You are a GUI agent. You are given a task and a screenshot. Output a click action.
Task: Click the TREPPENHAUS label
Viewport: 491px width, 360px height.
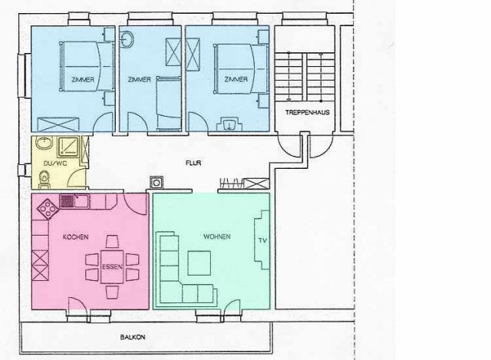pos(307,113)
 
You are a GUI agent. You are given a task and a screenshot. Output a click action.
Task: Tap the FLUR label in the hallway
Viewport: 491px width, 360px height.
pos(193,163)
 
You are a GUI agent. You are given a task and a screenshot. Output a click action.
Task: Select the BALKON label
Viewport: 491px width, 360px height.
pos(133,337)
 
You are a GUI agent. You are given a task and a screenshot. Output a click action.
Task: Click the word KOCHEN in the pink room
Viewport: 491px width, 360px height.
pos(75,237)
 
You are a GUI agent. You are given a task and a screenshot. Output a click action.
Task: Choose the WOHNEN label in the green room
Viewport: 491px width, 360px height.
pos(217,236)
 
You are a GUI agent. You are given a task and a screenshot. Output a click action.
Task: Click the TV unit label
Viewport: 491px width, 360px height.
pos(262,240)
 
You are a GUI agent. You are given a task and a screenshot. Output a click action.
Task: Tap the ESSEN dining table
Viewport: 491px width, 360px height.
pos(112,266)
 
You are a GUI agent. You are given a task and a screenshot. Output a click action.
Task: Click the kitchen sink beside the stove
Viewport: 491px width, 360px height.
pos(74,201)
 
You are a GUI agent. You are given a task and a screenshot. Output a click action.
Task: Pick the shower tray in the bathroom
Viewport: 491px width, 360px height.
pos(69,147)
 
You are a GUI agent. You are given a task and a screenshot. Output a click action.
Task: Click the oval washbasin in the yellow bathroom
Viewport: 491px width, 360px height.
pos(44,144)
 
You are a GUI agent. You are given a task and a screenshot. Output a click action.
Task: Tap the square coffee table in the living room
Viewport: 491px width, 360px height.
pos(199,263)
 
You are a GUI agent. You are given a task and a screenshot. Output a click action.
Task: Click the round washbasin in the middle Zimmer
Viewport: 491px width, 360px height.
pos(127,40)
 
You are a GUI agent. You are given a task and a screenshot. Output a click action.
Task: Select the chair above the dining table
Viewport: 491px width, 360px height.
pos(112,242)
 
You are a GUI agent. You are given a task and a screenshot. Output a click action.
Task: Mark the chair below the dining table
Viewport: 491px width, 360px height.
pos(112,292)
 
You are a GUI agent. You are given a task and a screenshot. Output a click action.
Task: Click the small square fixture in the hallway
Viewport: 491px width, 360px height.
pos(157,182)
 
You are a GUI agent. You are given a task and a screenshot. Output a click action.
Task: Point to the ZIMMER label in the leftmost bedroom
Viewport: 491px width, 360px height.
pos(83,80)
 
